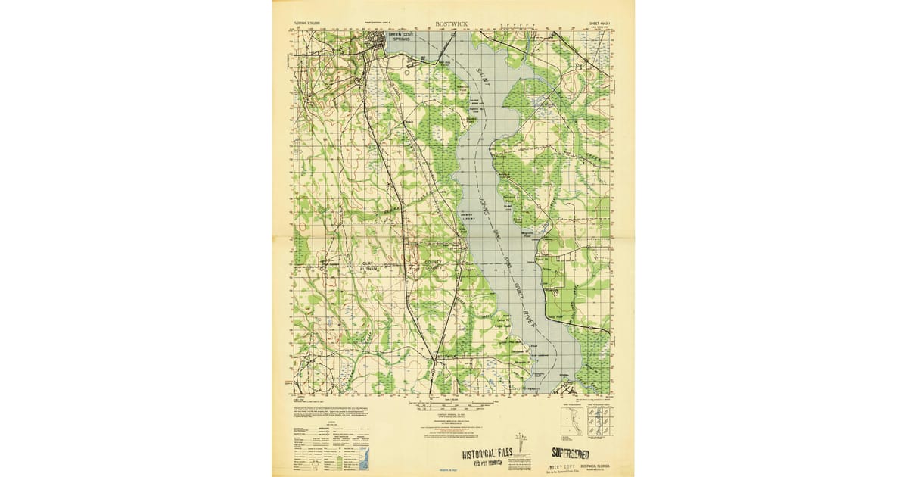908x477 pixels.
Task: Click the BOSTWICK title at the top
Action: pyautogui.click(x=451, y=24)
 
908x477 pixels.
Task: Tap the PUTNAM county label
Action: pyautogui.click(x=368, y=270)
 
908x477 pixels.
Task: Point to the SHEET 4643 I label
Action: pyautogui.click(x=600, y=24)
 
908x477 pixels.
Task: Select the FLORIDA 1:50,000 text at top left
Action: pyautogui.click(x=306, y=24)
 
